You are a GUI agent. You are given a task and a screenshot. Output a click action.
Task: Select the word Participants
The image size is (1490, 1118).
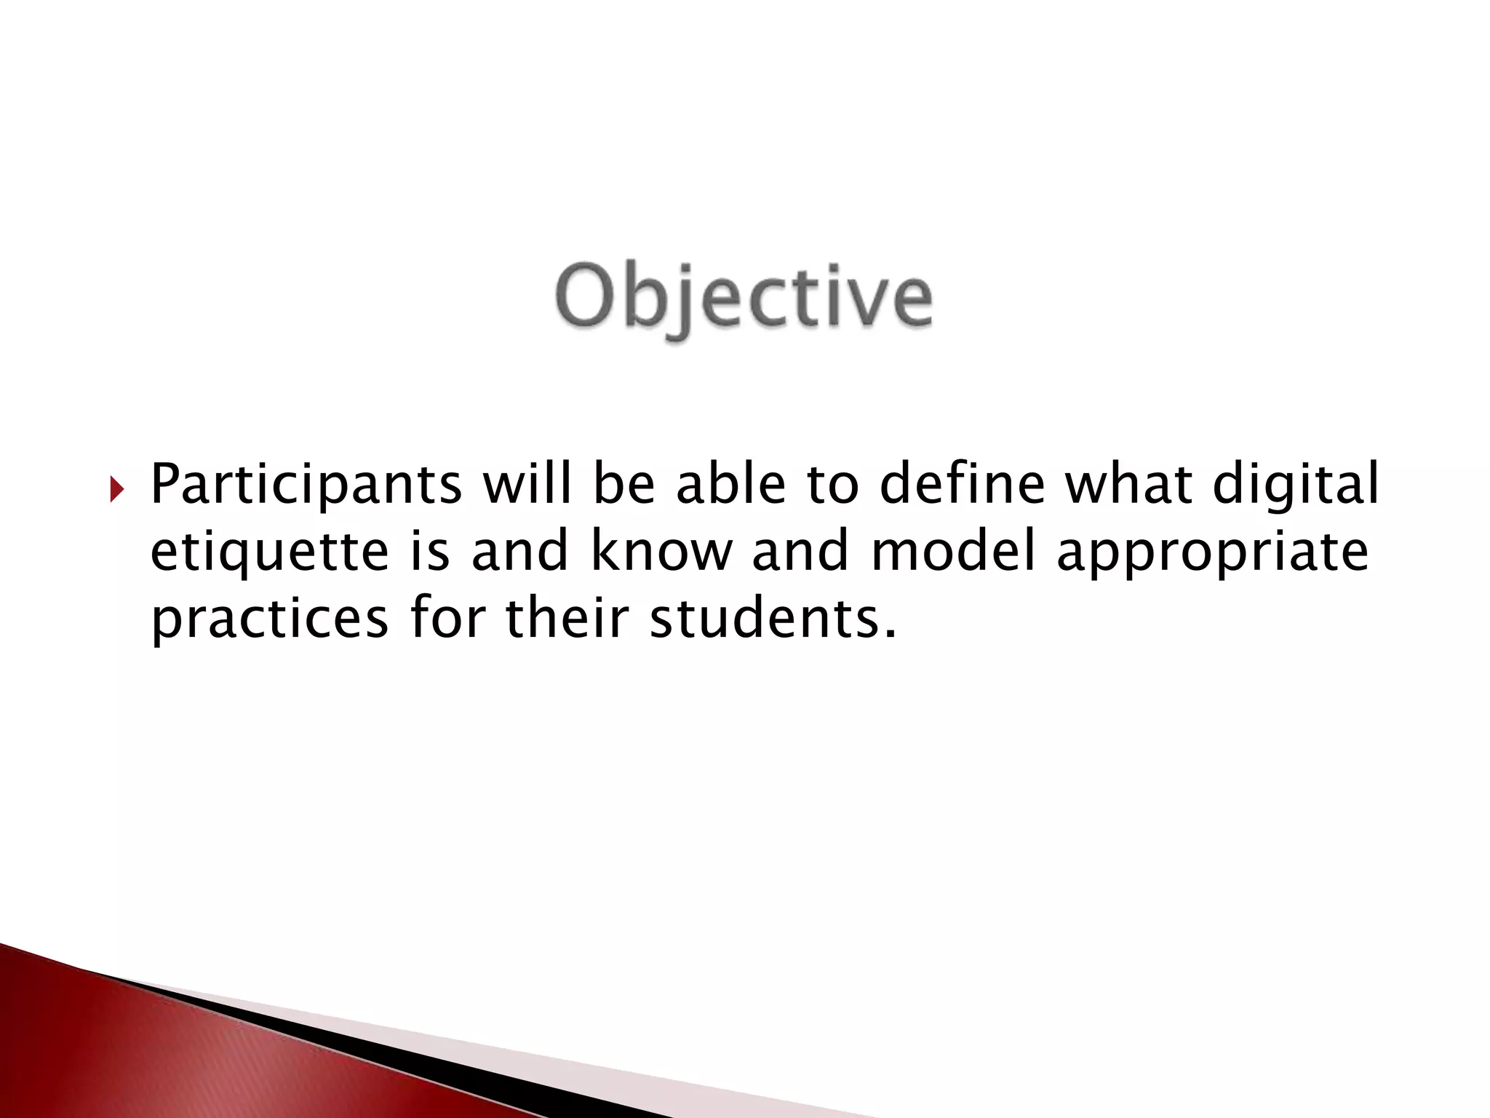306,486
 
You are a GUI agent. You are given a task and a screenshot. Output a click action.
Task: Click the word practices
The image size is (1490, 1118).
270,620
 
